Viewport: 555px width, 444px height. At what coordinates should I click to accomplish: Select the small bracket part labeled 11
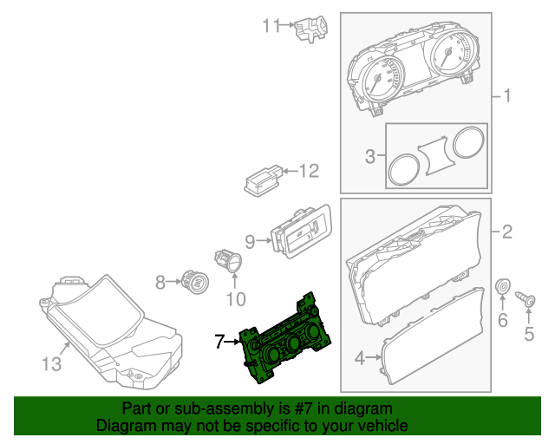pyautogui.click(x=310, y=29)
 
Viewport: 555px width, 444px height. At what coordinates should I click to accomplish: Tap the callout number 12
pyautogui.click(x=310, y=171)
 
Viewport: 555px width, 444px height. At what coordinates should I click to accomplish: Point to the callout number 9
pyautogui.click(x=249, y=240)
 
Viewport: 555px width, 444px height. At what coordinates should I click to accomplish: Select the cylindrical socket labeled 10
pyautogui.click(x=228, y=260)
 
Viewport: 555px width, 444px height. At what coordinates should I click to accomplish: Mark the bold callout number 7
pyautogui.click(x=219, y=343)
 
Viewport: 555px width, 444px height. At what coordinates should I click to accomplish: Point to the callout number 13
pyautogui.click(x=52, y=365)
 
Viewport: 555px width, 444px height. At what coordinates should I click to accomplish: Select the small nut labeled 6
pyautogui.click(x=502, y=287)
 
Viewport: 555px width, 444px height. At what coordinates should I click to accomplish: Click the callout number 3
pyautogui.click(x=369, y=157)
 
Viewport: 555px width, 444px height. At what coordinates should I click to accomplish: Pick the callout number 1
pyautogui.click(x=507, y=95)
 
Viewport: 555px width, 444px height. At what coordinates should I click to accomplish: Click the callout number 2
pyautogui.click(x=507, y=232)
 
